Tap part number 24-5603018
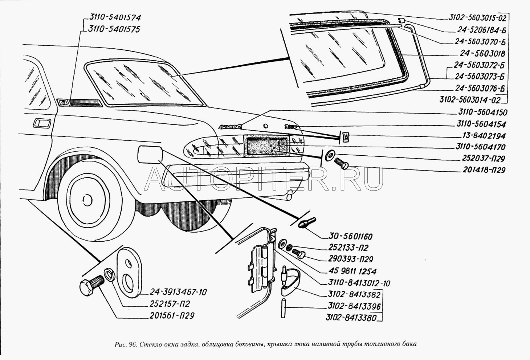(x=482, y=54)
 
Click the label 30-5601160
(x=351, y=237)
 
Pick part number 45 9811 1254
(x=352, y=271)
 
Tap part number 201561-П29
(x=172, y=316)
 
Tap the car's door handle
(x=42, y=123)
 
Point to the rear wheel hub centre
(x=87, y=200)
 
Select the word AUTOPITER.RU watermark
(x=264, y=179)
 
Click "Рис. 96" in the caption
(x=125, y=344)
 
